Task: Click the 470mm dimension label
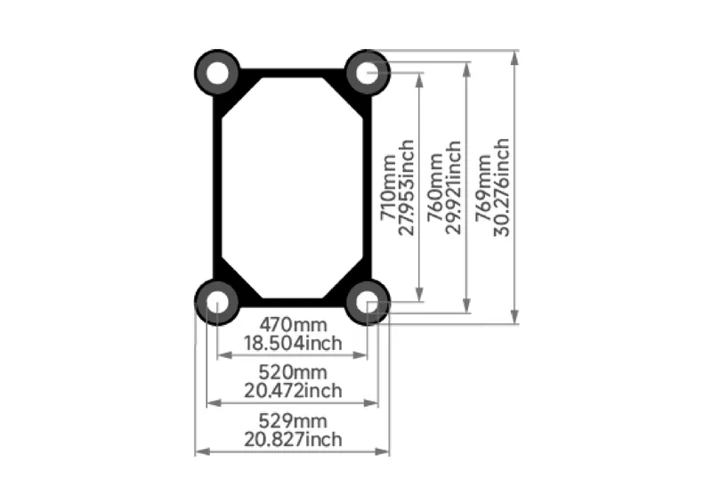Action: pyautogui.click(x=293, y=325)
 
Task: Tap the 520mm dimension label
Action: pyautogui.click(x=293, y=372)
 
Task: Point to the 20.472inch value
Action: pyautogui.click(x=293, y=390)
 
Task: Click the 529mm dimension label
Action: pyautogui.click(x=293, y=420)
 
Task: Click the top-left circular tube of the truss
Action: pyautogui.click(x=216, y=70)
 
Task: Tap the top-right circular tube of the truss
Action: pyautogui.click(x=367, y=70)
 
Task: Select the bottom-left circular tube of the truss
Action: pyautogui.click(x=215, y=302)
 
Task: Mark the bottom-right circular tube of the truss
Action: pyautogui.click(x=367, y=302)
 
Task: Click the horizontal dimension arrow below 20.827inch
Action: pyautogui.click(x=293, y=451)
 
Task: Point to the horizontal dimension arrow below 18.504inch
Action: pyautogui.click(x=293, y=354)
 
